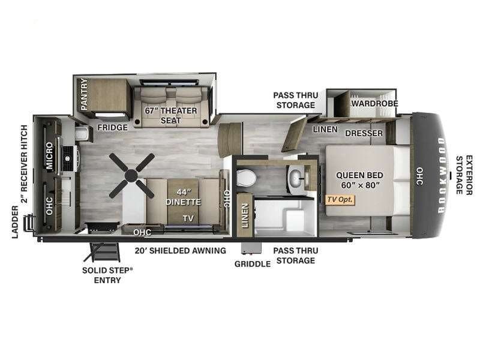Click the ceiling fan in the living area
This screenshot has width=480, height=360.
click(x=131, y=175)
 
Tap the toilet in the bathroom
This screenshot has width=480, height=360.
click(x=246, y=178)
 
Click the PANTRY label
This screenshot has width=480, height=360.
click(x=84, y=94)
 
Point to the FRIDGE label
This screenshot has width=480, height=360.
click(x=112, y=127)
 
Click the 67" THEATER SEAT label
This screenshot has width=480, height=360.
click(x=171, y=115)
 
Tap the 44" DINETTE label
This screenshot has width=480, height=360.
click(x=184, y=197)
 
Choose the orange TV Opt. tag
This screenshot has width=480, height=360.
click(x=340, y=200)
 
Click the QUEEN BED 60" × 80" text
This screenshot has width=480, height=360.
click(x=359, y=180)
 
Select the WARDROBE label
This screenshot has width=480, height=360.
click(x=375, y=103)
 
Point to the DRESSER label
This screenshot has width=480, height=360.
click(x=364, y=133)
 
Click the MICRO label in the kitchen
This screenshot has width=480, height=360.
click(x=49, y=155)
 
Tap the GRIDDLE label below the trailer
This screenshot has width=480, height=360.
click(x=253, y=264)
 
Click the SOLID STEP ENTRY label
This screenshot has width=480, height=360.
click(x=107, y=275)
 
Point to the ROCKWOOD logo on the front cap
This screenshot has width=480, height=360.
click(x=441, y=175)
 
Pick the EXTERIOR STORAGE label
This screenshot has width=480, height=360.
click(x=464, y=175)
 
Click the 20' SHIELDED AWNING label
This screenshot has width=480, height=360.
click(x=181, y=250)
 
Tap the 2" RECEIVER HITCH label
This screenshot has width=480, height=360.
click(x=24, y=164)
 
